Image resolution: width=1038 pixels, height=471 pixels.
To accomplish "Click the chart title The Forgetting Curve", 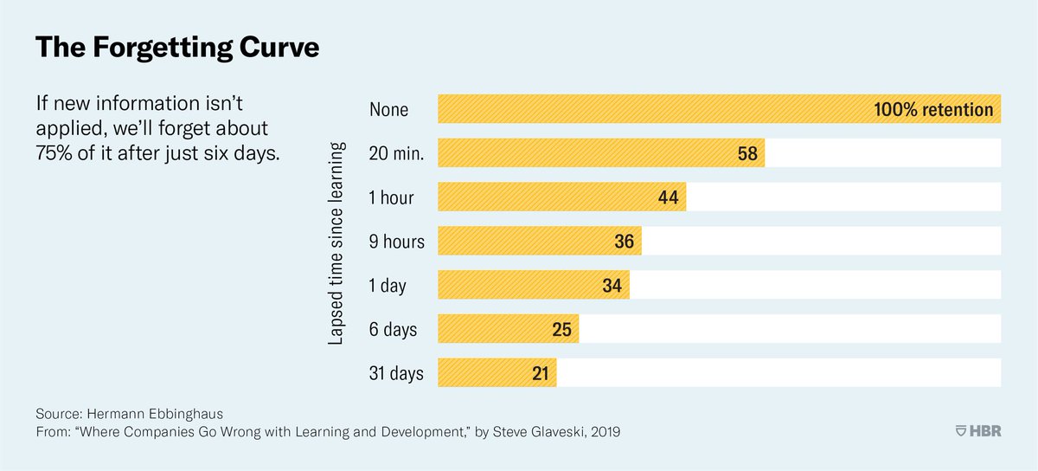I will [176, 48].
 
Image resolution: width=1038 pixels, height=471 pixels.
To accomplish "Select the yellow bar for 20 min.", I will [588, 153].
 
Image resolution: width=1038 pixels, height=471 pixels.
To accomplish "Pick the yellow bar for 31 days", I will [484, 373].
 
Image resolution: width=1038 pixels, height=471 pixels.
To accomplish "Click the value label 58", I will [747, 154].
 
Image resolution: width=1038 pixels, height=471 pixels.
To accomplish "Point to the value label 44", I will [668, 197].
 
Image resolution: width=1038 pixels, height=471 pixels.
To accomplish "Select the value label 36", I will [624, 242].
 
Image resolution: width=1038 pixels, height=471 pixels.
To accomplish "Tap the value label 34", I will [612, 286].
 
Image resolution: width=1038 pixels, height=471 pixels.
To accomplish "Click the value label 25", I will [561, 330].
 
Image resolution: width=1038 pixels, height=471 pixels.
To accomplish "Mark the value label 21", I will [539, 373].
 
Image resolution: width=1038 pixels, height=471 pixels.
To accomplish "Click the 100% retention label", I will [933, 110].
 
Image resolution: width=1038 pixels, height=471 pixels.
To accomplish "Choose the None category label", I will [388, 110].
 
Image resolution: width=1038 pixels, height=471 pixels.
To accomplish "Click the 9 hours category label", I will [397, 242].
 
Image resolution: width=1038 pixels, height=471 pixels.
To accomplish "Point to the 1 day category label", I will [388, 286].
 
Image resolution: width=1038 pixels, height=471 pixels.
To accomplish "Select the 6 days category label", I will [393, 330].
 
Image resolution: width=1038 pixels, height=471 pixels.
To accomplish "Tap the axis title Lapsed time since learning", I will [337, 242].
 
